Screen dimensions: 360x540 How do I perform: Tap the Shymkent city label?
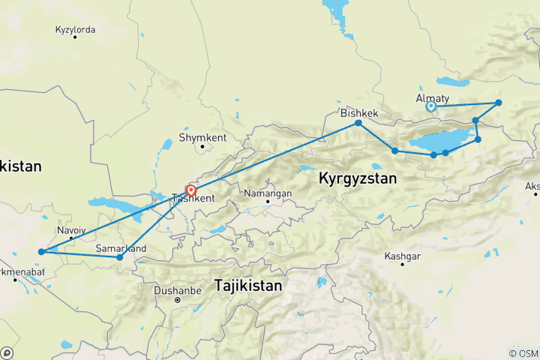point(197,138)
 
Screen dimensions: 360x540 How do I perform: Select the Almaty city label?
point(432,98)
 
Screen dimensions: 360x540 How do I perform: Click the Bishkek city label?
point(358,113)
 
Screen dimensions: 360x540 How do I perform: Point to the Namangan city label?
point(268,193)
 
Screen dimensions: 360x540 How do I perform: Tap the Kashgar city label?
point(402,256)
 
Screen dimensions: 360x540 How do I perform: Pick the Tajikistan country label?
point(247,286)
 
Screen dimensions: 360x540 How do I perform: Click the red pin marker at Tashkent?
point(191,190)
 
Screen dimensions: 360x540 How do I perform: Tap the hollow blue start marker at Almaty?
point(431,107)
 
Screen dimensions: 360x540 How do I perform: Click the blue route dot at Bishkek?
point(358,123)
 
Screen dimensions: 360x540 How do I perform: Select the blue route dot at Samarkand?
point(119,257)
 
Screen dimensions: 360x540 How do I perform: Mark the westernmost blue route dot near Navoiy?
point(41,252)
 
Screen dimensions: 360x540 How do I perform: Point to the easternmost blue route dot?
point(498,103)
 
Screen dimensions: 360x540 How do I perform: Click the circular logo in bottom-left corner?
point(7,352)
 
